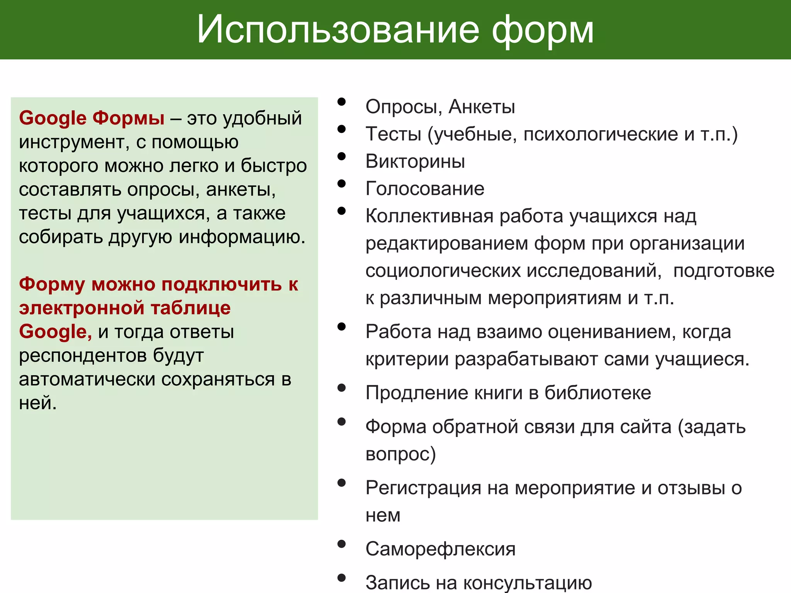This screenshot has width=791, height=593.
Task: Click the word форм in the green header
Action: (542, 31)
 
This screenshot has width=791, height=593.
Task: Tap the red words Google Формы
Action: (92, 118)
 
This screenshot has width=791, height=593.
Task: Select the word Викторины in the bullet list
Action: (415, 161)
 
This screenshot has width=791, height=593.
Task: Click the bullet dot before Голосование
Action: (341, 184)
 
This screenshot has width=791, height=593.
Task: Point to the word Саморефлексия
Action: (440, 549)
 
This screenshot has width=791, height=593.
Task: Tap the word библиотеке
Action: (597, 393)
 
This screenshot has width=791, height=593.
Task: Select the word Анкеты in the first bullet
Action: (482, 107)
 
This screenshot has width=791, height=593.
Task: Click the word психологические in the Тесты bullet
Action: (601, 134)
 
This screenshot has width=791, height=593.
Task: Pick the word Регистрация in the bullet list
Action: (423, 488)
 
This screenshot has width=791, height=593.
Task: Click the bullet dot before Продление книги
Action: (341, 388)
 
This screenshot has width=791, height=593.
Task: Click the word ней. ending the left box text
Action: (38, 403)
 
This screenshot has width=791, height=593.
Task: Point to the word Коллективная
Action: (429, 216)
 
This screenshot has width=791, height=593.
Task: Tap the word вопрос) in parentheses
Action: (401, 454)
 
